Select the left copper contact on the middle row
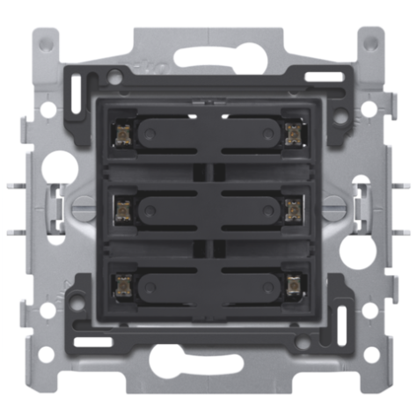[121, 207]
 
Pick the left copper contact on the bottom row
[121, 283]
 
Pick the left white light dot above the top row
[192, 114]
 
